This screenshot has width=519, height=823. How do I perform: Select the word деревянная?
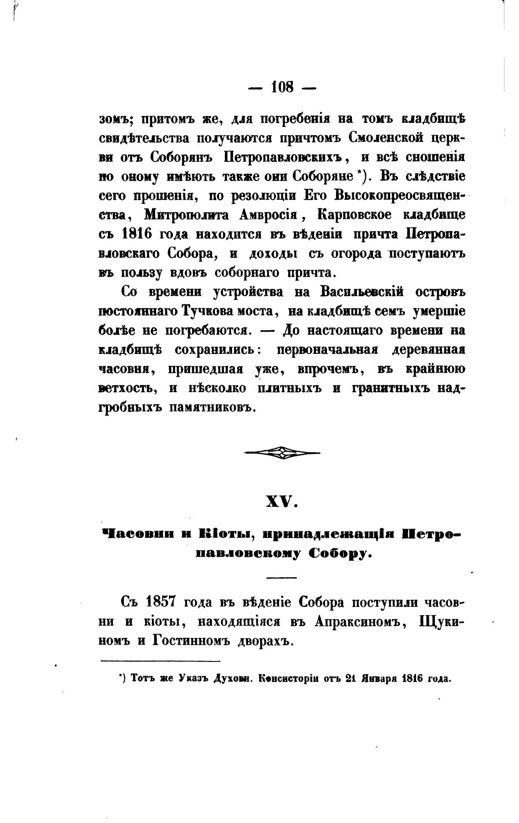point(426,350)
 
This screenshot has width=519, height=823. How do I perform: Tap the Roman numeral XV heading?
point(282,502)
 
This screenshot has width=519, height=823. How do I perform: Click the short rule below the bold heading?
point(282,578)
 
